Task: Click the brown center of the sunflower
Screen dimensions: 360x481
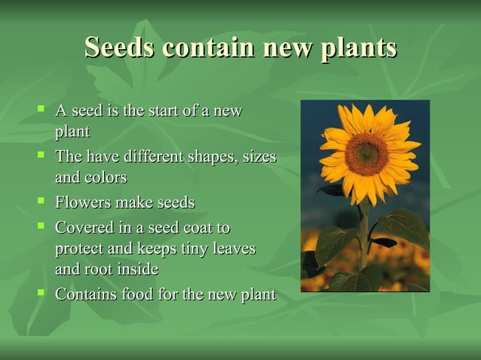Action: pyautogui.click(x=366, y=154)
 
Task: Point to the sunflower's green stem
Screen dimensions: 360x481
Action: pyautogui.click(x=364, y=233)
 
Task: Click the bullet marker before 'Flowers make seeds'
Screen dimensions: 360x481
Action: pyautogui.click(x=41, y=201)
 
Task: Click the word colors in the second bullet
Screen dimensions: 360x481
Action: pyautogui.click(x=106, y=178)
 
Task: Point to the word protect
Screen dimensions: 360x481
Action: pyautogui.click(x=80, y=249)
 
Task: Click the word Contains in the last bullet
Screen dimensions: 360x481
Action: pyautogui.click(x=85, y=294)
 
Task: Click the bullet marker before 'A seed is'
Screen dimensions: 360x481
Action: pyautogui.click(x=41, y=109)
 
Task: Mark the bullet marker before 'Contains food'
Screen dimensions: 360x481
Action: pyautogui.click(x=41, y=292)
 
